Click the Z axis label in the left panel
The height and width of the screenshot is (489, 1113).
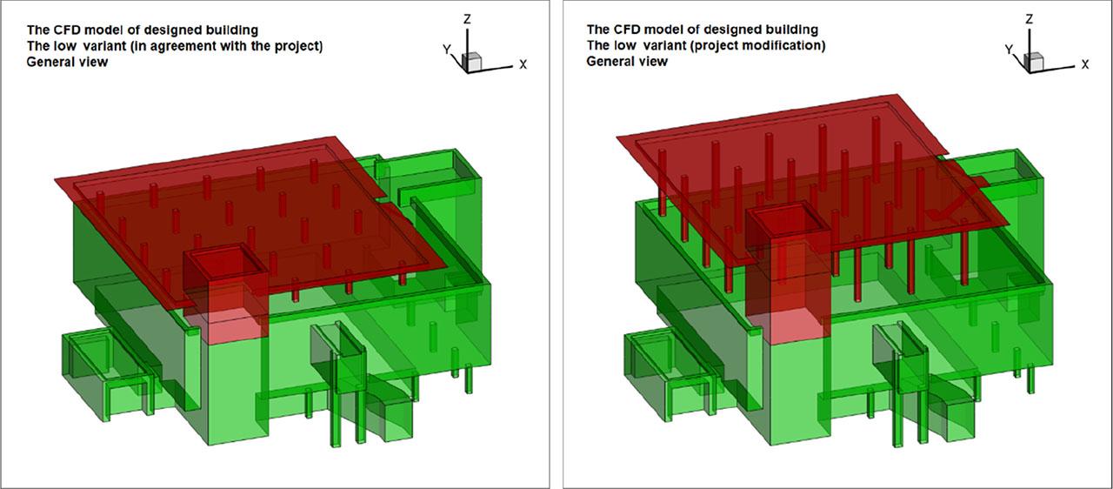467,19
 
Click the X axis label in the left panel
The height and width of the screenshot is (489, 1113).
523,64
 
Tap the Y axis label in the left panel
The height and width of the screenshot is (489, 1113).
447,50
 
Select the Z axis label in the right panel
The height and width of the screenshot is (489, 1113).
1029,19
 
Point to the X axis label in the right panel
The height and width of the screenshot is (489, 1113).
1085,64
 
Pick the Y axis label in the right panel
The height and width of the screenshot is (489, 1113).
1009,50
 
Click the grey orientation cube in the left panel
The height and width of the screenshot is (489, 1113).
472,62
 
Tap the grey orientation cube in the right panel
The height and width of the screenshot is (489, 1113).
1034,62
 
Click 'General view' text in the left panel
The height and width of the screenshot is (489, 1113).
67,62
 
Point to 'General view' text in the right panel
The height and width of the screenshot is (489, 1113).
627,62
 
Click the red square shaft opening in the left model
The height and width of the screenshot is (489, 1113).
226,265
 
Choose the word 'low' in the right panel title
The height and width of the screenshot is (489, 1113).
625,46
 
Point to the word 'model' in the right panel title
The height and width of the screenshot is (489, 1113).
662,30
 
